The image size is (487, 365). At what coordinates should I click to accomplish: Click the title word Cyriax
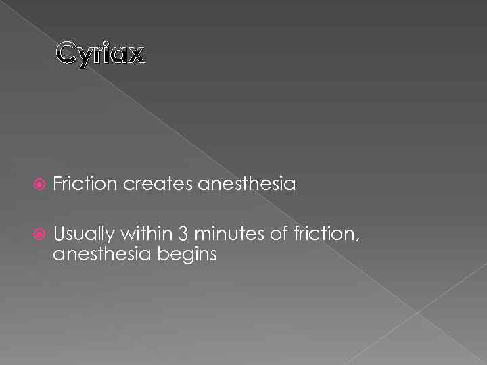(100, 53)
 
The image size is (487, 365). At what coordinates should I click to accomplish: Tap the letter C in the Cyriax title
(66, 52)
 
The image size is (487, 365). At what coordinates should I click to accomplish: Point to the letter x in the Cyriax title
(135, 54)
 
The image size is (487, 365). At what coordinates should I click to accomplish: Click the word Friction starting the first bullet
(85, 184)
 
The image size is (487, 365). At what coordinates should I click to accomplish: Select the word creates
(157, 184)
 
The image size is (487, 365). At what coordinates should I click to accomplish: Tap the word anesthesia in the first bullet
(248, 184)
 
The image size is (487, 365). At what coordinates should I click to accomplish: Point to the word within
(147, 235)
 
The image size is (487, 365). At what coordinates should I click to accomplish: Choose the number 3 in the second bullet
(184, 235)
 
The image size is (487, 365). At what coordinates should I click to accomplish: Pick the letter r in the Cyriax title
(99, 54)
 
